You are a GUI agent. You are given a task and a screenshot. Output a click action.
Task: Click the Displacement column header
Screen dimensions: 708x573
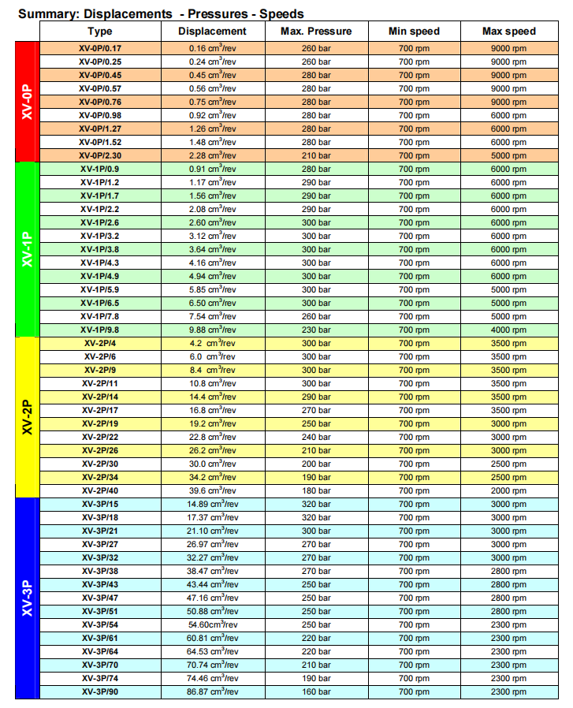(212, 31)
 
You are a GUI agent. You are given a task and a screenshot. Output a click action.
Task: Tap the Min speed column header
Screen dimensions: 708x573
(414, 31)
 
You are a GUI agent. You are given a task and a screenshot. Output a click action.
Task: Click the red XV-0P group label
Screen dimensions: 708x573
(27, 102)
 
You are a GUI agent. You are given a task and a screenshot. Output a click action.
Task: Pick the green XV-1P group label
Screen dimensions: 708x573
(27, 249)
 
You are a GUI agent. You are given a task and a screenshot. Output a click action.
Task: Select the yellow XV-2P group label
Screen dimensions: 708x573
(27, 417)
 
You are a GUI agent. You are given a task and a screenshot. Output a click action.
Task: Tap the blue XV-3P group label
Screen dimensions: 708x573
(27, 598)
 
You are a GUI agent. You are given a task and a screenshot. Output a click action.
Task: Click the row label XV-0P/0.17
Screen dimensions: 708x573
(100, 48)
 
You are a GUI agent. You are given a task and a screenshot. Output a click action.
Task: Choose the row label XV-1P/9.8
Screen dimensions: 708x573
(100, 330)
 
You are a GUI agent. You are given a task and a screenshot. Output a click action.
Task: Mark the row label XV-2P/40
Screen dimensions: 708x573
(100, 490)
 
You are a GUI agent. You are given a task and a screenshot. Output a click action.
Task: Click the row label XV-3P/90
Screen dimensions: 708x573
(100, 691)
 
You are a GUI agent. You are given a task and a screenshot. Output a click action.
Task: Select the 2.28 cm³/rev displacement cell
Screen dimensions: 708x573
(212, 155)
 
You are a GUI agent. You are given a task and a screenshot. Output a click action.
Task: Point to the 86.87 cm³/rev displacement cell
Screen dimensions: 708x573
(212, 691)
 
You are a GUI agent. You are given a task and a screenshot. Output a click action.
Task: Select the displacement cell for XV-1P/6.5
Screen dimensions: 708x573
(212, 303)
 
